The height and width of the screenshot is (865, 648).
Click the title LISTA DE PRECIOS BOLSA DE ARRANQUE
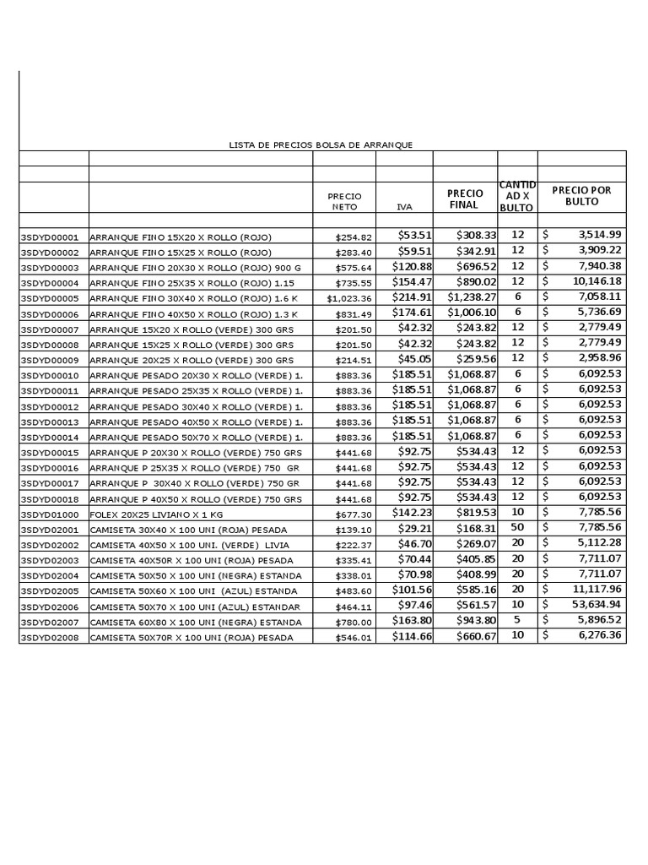pos(321,145)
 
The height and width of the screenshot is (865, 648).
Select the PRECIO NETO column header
pos(344,201)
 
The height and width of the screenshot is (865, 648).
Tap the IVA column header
pos(404,206)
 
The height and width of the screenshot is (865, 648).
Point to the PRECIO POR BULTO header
pos(581,196)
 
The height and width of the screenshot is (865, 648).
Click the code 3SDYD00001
pos(49,237)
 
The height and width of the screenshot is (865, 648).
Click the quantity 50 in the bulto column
pos(518,527)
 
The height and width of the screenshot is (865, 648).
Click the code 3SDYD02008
pos(49,638)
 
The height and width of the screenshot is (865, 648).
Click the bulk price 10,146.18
pos(597,281)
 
